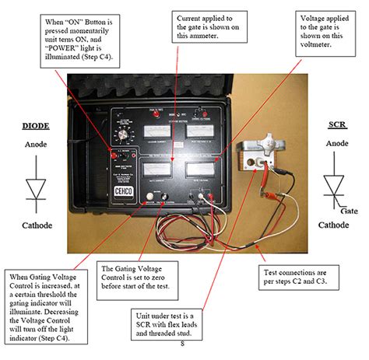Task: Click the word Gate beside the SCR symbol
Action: pos(350,211)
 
